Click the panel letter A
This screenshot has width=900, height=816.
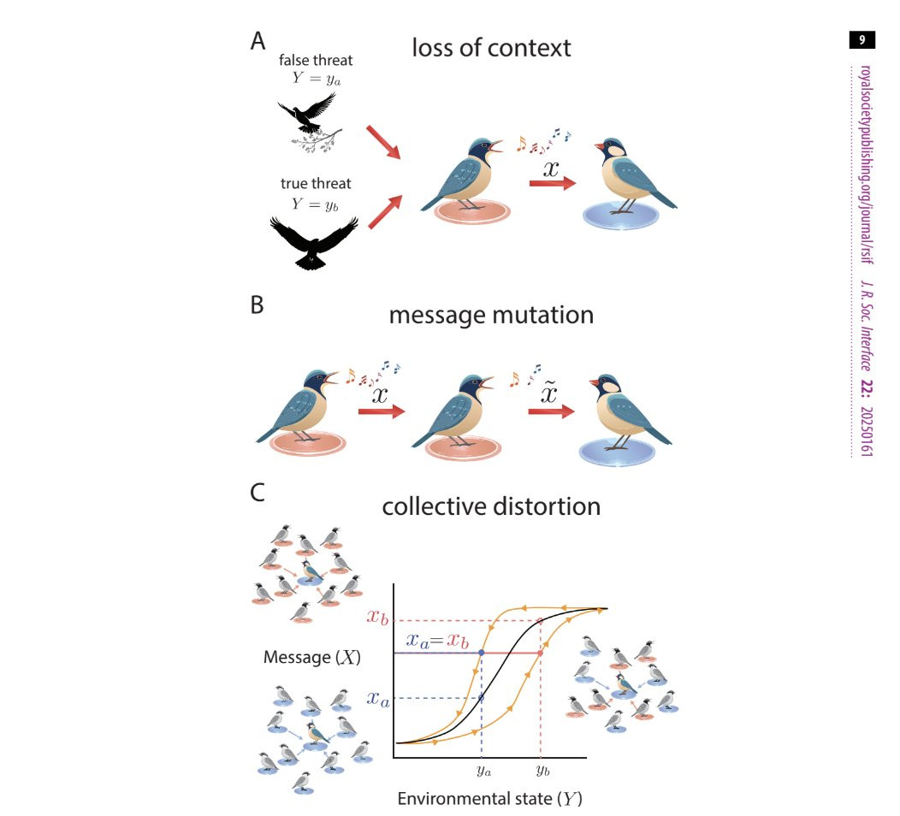click(258, 41)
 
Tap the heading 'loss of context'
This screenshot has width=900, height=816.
click(491, 48)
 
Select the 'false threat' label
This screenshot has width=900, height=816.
click(316, 60)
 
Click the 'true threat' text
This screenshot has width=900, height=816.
click(316, 184)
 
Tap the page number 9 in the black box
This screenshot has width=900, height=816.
click(862, 39)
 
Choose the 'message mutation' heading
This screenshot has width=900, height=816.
click(491, 315)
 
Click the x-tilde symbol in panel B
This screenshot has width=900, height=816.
click(550, 393)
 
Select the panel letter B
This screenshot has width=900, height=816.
click(258, 305)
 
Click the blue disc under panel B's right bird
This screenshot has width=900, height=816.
click(617, 451)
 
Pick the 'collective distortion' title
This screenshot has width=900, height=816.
click(491, 506)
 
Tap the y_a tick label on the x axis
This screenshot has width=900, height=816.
click(484, 772)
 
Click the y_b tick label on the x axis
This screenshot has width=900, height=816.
click(543, 771)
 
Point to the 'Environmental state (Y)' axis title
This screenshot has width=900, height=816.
click(489, 799)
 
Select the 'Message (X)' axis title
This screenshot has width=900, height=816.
click(312, 657)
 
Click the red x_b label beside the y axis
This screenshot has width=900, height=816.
click(377, 618)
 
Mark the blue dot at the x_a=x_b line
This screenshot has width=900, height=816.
click(482, 653)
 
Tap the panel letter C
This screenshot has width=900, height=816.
click(258, 493)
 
